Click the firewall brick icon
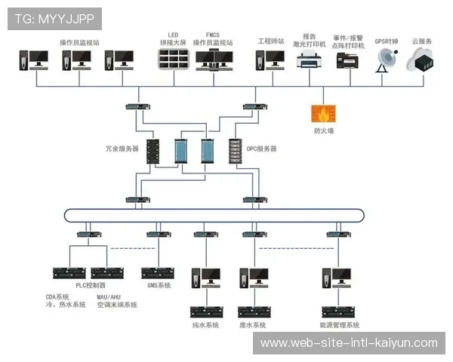323,114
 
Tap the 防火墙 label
324,131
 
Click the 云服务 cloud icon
421,62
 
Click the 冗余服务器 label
122,149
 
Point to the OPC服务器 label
261,149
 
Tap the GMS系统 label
159,286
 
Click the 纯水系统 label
205,325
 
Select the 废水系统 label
252,325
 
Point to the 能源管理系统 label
340,325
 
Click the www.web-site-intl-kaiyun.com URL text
349,343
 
